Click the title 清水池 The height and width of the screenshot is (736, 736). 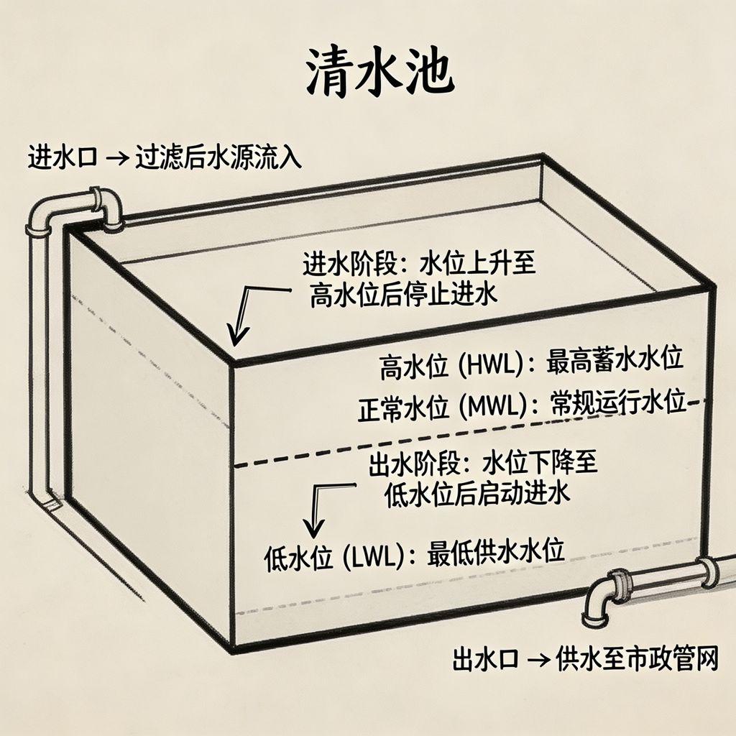point(379,73)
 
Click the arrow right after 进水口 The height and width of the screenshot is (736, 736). point(117,157)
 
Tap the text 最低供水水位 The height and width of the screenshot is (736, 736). point(495,551)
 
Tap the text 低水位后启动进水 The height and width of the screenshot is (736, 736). point(477,493)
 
